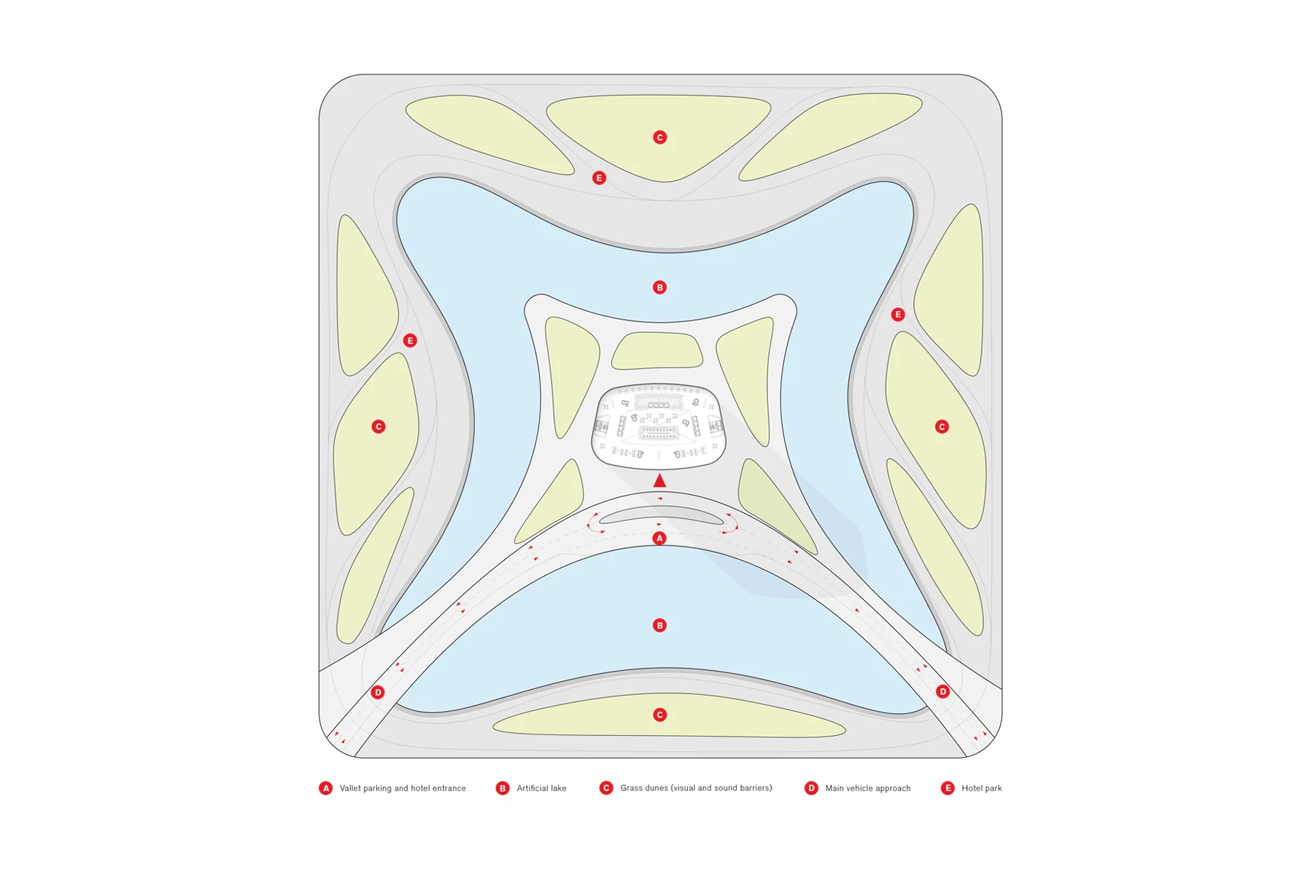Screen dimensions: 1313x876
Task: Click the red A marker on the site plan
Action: pos(659,538)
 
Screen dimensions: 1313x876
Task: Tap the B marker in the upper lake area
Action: pos(659,288)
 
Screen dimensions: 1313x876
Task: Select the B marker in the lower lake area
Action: pos(659,626)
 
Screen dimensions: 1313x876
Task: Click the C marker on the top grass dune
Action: pos(659,137)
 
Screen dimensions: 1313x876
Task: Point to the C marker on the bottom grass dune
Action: pos(659,715)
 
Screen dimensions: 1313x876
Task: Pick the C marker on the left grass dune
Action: pos(378,426)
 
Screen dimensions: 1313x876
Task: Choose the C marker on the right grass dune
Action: pos(942,426)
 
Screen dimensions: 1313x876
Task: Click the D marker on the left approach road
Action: pos(377,692)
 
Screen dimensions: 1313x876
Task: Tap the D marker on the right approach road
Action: pos(942,691)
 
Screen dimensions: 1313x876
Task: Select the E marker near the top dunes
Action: pos(599,178)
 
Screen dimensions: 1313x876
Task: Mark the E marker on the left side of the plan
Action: pos(410,340)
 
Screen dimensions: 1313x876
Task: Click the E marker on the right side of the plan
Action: pos(898,315)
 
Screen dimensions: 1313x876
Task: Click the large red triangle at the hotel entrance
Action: pos(659,480)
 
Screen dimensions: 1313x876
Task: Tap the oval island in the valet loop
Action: pos(662,515)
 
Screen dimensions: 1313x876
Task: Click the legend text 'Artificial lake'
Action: pos(541,788)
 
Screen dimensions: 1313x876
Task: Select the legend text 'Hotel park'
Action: pos(981,788)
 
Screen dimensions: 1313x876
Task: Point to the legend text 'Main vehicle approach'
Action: pos(867,788)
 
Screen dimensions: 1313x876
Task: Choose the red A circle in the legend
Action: pos(326,788)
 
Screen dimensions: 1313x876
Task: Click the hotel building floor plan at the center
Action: pos(659,426)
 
